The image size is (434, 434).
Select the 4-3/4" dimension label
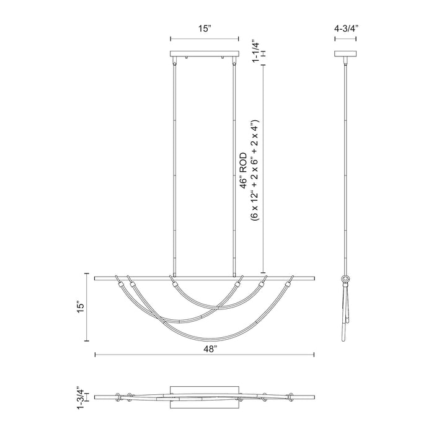click(346, 28)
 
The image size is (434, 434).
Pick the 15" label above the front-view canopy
click(205, 28)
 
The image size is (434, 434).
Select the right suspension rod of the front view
click(234, 167)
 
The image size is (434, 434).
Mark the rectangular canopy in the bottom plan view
click(205, 395)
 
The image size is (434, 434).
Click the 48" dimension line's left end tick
click(94, 355)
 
